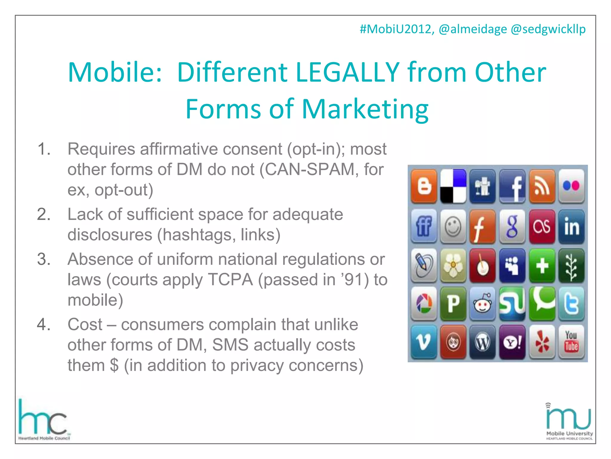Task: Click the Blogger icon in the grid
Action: pos(424,186)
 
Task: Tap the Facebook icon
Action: pos(512,186)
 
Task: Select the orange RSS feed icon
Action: pos(542,186)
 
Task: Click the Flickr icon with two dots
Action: pos(571,186)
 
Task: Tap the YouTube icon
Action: pos(571,342)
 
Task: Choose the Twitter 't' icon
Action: pos(571,303)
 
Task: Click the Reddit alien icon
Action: pos(482,303)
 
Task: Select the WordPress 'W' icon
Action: pos(482,342)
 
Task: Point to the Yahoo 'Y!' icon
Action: pos(512,342)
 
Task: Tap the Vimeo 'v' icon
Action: pos(424,342)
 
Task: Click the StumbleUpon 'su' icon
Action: pos(512,303)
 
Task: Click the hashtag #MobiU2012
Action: pos(396,29)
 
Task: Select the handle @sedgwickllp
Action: pos(548,29)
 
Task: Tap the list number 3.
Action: pos(44,259)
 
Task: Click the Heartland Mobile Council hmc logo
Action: pos(44,420)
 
